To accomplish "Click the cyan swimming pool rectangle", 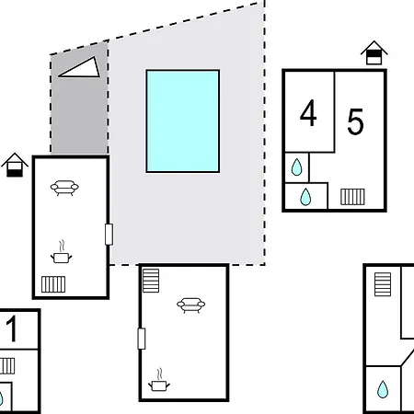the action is click(x=183, y=121).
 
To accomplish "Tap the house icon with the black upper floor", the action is click(x=374, y=52).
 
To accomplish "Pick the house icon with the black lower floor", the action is click(x=15, y=165).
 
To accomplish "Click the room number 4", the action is click(x=308, y=113).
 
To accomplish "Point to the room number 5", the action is click(x=355, y=121).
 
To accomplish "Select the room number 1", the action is click(x=12, y=328).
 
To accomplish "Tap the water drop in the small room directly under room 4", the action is click(x=296, y=167).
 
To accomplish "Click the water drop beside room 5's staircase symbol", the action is click(x=305, y=197).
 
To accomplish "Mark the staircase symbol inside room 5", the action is click(x=352, y=197).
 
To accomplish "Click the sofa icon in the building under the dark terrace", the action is click(x=64, y=188).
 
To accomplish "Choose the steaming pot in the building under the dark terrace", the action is click(x=62, y=252).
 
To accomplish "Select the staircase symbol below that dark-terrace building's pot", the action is click(x=53, y=284).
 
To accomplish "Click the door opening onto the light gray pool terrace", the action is click(x=109, y=235).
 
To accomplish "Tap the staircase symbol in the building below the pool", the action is click(x=151, y=281).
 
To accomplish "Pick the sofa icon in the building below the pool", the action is click(x=190, y=305).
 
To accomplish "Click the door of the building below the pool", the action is click(x=142, y=339).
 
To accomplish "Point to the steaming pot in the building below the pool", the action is click(x=159, y=380).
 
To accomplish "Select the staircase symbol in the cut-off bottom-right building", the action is click(x=383, y=284).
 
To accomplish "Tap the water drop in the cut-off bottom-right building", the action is click(x=383, y=389).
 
